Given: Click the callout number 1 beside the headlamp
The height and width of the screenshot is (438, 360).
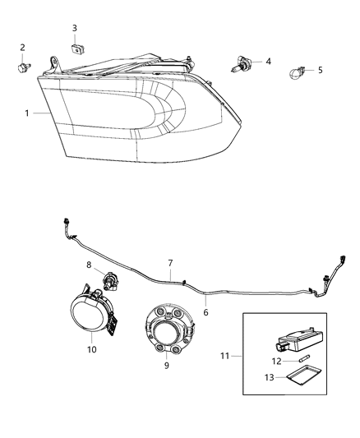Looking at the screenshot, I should click(x=27, y=113).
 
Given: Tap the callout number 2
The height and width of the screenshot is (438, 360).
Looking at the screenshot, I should click(x=22, y=48).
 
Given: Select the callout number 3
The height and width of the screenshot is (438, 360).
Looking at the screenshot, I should click(x=74, y=29).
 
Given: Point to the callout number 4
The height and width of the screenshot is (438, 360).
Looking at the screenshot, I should click(x=268, y=61).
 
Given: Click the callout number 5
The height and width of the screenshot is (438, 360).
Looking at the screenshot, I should click(x=320, y=70).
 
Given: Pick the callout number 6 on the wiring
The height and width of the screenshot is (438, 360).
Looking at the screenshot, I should click(x=206, y=312).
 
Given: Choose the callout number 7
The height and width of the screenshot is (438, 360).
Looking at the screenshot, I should click(x=170, y=264).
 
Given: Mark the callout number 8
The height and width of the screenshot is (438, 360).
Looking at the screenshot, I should click(x=90, y=264).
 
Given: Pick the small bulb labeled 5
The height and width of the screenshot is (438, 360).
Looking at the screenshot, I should click(x=297, y=73).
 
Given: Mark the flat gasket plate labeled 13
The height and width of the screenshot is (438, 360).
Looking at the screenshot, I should click(x=306, y=377).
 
